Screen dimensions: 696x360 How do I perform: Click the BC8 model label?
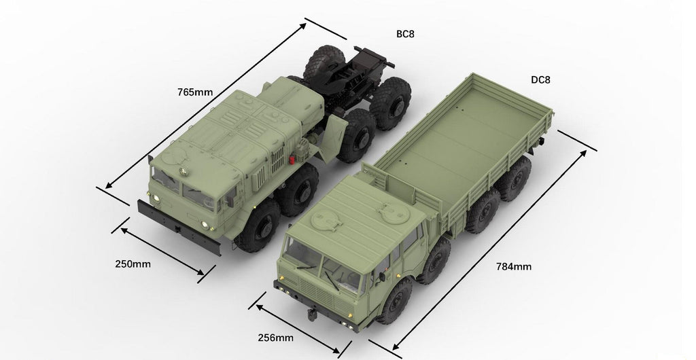(x=405, y=34)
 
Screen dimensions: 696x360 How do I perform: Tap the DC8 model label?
(x=540, y=79)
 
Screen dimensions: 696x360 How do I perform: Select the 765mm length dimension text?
(x=195, y=92)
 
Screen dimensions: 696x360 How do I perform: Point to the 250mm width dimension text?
(x=133, y=264)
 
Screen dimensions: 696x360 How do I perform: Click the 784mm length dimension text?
(x=514, y=266)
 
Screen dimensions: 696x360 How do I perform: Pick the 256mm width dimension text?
(x=276, y=338)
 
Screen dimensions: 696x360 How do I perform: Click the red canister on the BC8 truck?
(x=292, y=159)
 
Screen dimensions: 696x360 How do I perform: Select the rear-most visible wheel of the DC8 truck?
(x=515, y=178)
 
